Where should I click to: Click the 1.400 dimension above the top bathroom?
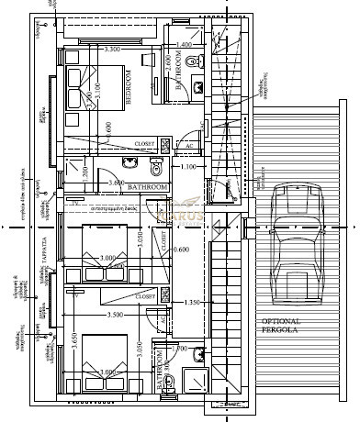[183, 44]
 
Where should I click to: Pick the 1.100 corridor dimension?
[187, 168]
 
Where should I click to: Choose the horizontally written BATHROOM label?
[148, 187]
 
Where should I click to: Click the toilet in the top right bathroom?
[190, 62]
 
